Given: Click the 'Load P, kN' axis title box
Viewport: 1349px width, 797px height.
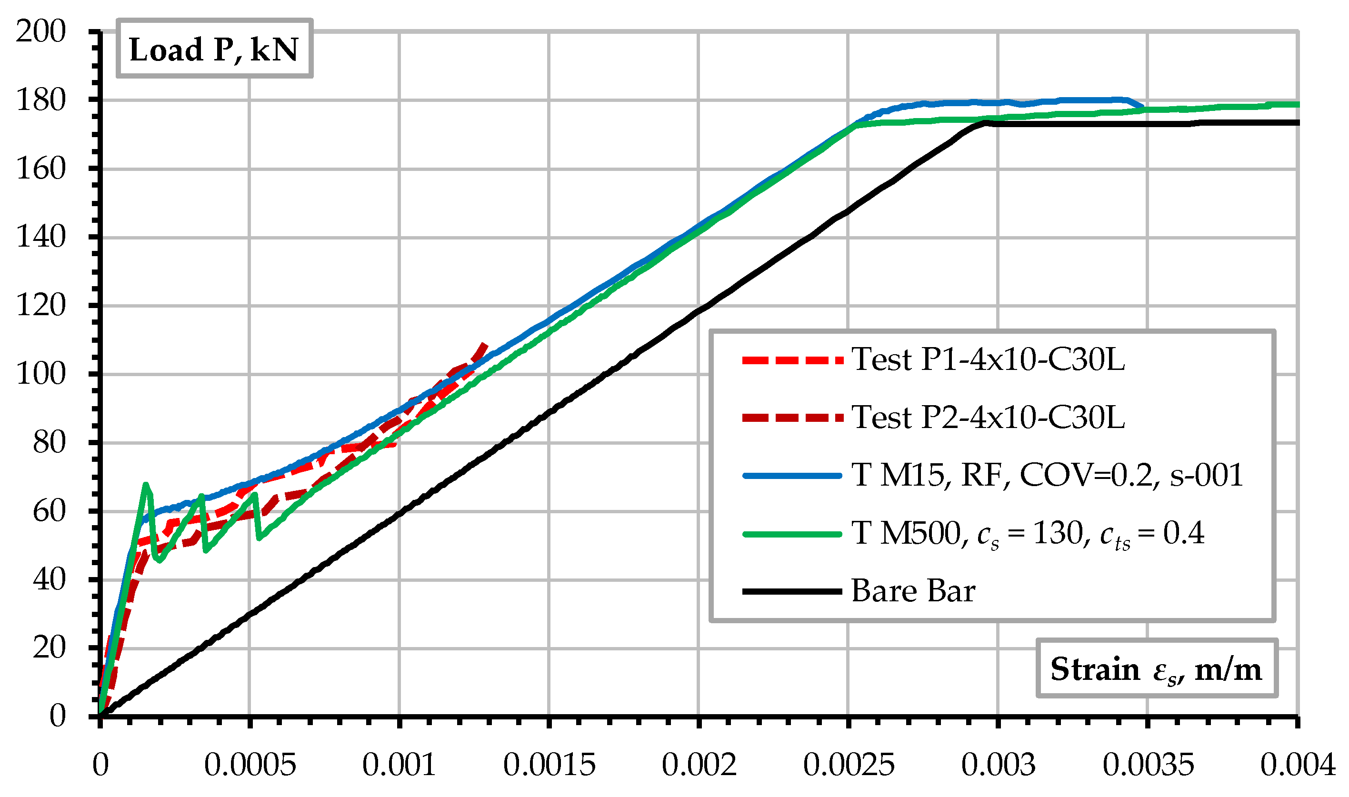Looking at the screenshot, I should [x=214, y=49].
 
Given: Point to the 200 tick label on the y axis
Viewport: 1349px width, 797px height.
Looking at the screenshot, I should [x=41, y=31].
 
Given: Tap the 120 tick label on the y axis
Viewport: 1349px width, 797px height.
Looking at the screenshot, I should [x=41, y=306].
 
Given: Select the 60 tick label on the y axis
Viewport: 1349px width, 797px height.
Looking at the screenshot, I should [x=49, y=511].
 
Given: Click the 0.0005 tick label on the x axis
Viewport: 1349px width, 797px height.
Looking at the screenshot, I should [x=250, y=765].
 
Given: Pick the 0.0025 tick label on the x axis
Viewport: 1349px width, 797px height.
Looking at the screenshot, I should [x=849, y=765].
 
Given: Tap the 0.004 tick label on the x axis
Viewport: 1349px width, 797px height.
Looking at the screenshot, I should [x=1297, y=765].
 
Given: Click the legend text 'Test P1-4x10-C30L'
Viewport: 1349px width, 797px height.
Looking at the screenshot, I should [x=988, y=359].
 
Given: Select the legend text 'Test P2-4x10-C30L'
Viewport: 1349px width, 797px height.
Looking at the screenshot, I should [x=988, y=417].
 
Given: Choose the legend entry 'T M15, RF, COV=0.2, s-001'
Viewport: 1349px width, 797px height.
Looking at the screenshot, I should [x=1047, y=475].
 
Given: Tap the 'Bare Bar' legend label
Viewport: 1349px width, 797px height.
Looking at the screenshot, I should [x=913, y=591].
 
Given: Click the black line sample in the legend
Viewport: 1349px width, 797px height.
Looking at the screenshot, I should [x=792, y=591].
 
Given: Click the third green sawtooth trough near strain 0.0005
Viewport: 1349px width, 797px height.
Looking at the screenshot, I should [x=260, y=538].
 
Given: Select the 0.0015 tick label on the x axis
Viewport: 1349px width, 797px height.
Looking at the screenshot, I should [x=549, y=765].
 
